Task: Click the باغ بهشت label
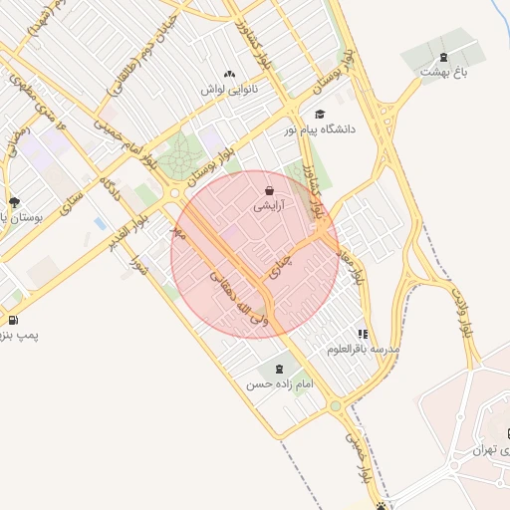tap(443, 71)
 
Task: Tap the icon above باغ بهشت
tap(443, 56)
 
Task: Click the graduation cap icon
tap(320, 114)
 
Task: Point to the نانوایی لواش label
tap(230, 89)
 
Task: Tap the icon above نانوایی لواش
tap(230, 74)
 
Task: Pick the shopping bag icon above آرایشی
tap(270, 189)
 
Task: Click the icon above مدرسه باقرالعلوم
tap(363, 334)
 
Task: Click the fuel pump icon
tap(12, 320)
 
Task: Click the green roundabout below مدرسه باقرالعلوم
tap(336, 405)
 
